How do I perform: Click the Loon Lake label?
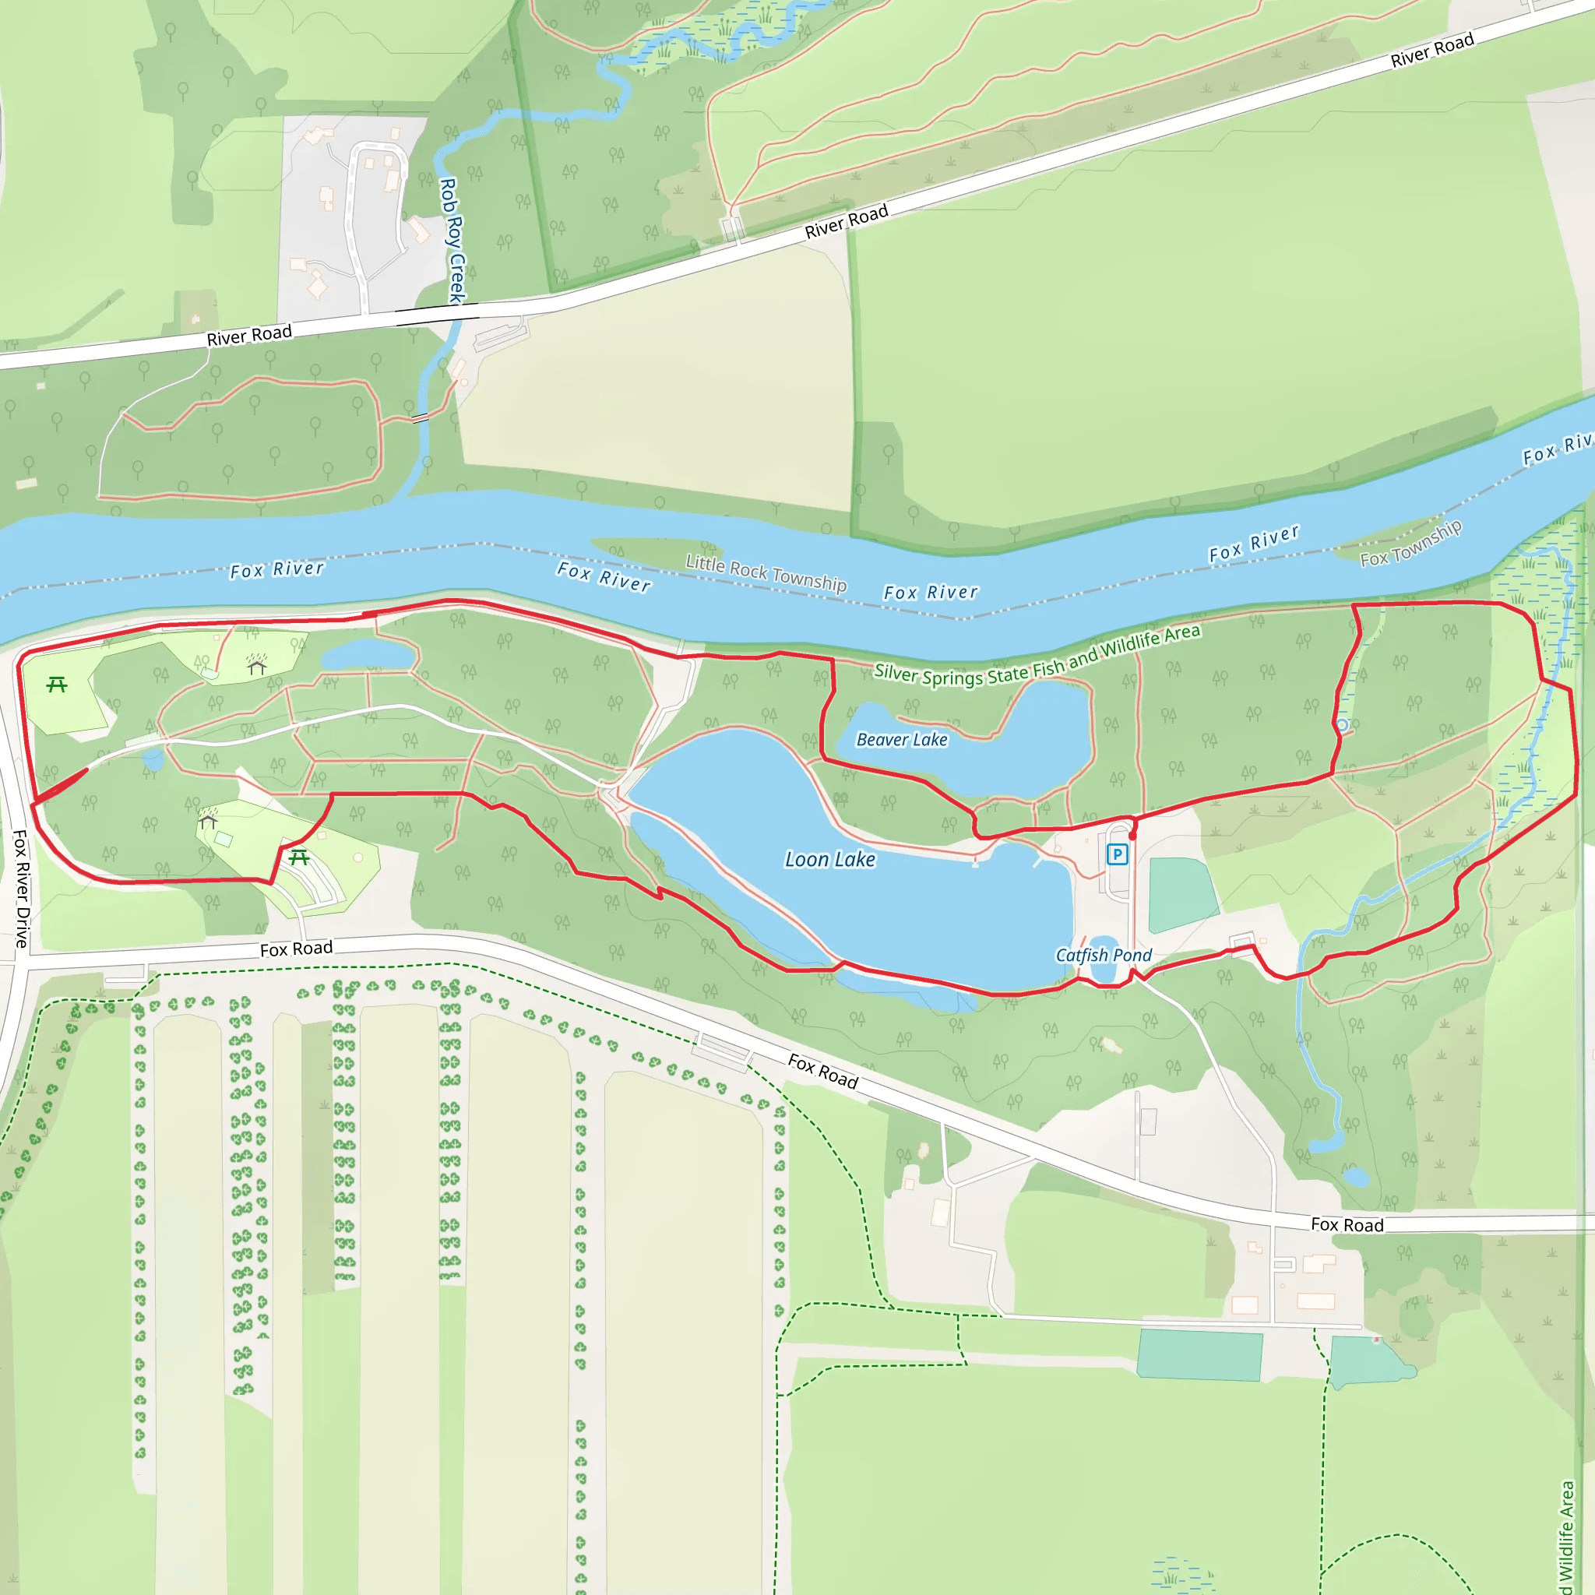(x=829, y=860)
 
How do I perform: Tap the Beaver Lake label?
(x=902, y=740)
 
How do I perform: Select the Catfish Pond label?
(x=1103, y=955)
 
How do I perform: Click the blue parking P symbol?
(x=1117, y=854)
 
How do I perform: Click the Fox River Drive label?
(x=21, y=889)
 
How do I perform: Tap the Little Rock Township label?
(x=766, y=573)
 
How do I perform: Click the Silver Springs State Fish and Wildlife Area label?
(x=1037, y=655)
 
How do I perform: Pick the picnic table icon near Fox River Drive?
(x=57, y=685)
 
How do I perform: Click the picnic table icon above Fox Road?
(x=300, y=857)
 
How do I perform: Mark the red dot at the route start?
(x=1132, y=836)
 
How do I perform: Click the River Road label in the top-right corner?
(x=1431, y=51)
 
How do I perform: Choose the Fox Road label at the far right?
(x=1347, y=1224)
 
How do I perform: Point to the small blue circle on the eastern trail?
(x=1343, y=726)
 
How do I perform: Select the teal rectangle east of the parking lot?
(x=1181, y=894)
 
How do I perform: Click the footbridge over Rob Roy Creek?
(x=421, y=417)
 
